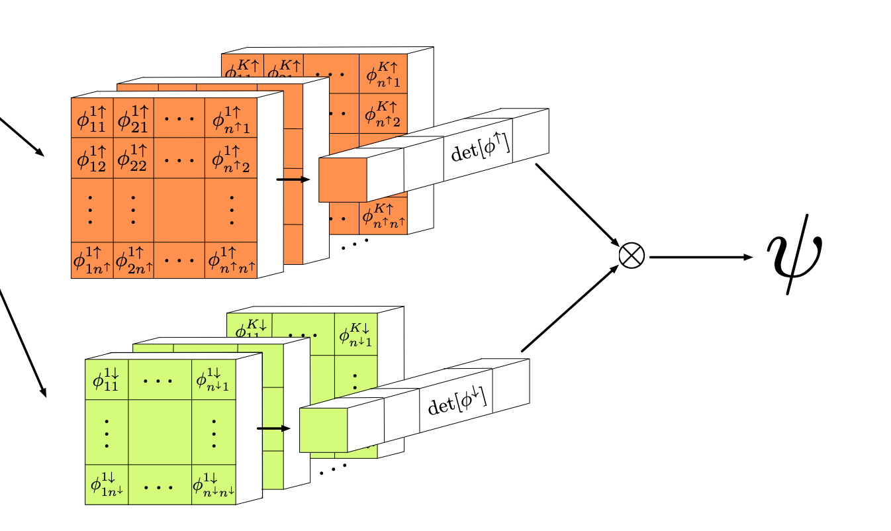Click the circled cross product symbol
point(631,256)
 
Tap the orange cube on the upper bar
point(342,179)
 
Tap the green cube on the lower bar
point(323,430)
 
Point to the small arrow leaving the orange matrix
point(293,179)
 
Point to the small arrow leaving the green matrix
point(273,428)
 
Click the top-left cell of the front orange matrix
point(92,119)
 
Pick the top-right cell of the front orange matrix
point(231,119)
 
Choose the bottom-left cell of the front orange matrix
point(92,260)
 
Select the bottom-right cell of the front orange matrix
point(231,260)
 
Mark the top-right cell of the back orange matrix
point(383,74)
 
